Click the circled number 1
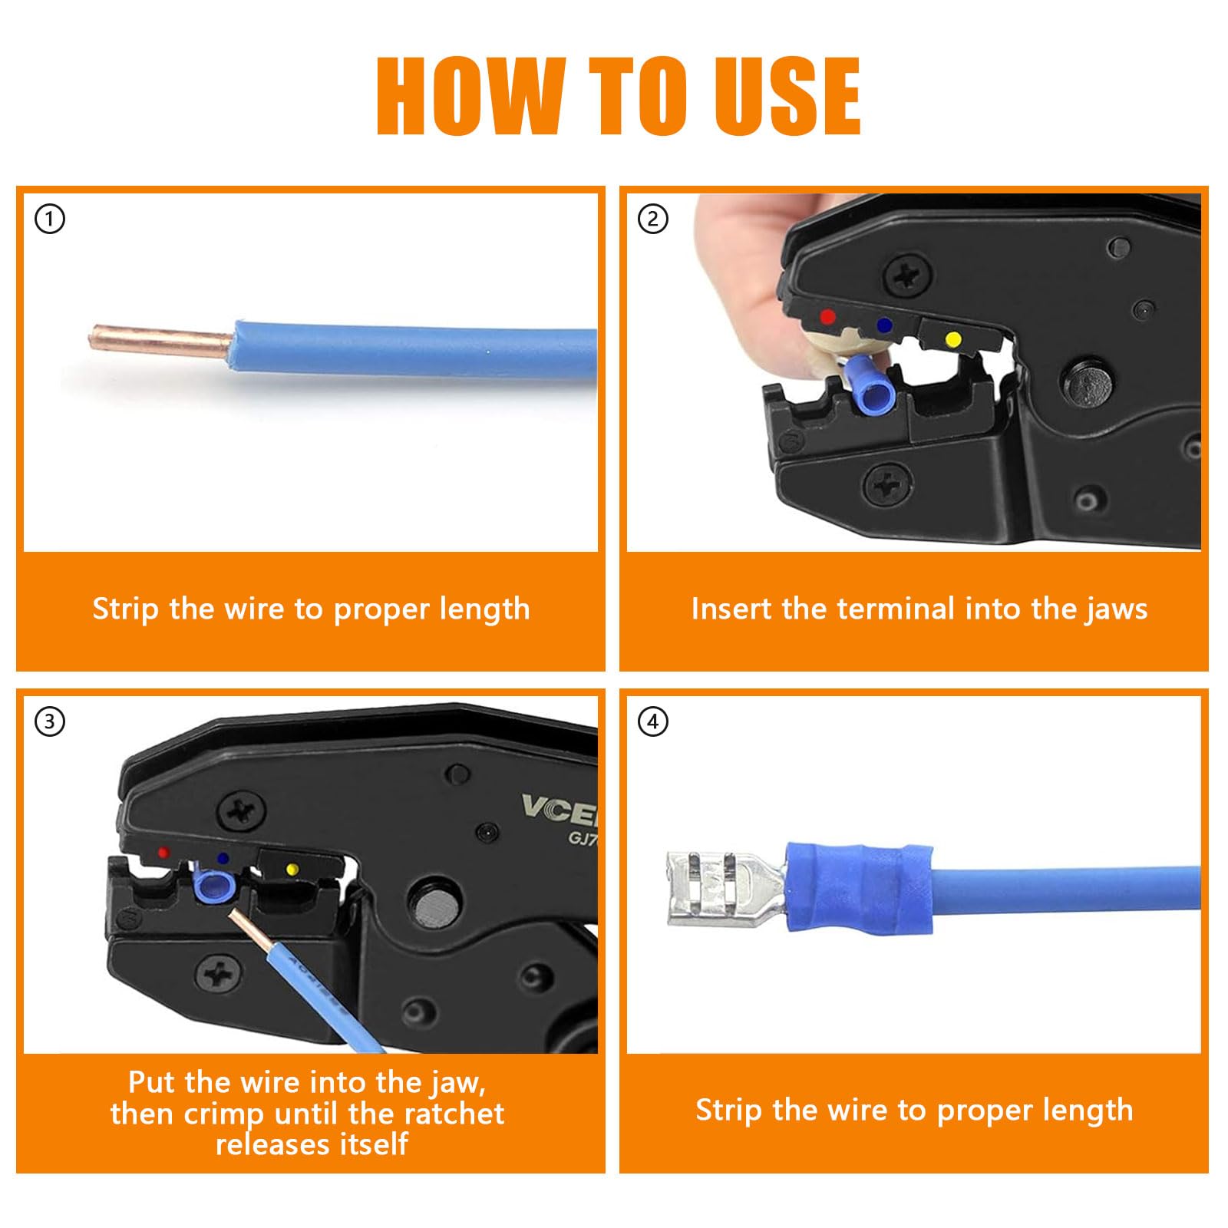[50, 219]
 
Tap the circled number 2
[653, 219]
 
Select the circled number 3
[50, 721]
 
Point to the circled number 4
[653, 721]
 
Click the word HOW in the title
[471, 97]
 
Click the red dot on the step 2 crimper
[827, 316]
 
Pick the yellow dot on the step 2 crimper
[952, 338]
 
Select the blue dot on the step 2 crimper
[884, 325]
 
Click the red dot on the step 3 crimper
[163, 853]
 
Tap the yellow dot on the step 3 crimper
[292, 870]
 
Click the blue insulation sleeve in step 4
[859, 887]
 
